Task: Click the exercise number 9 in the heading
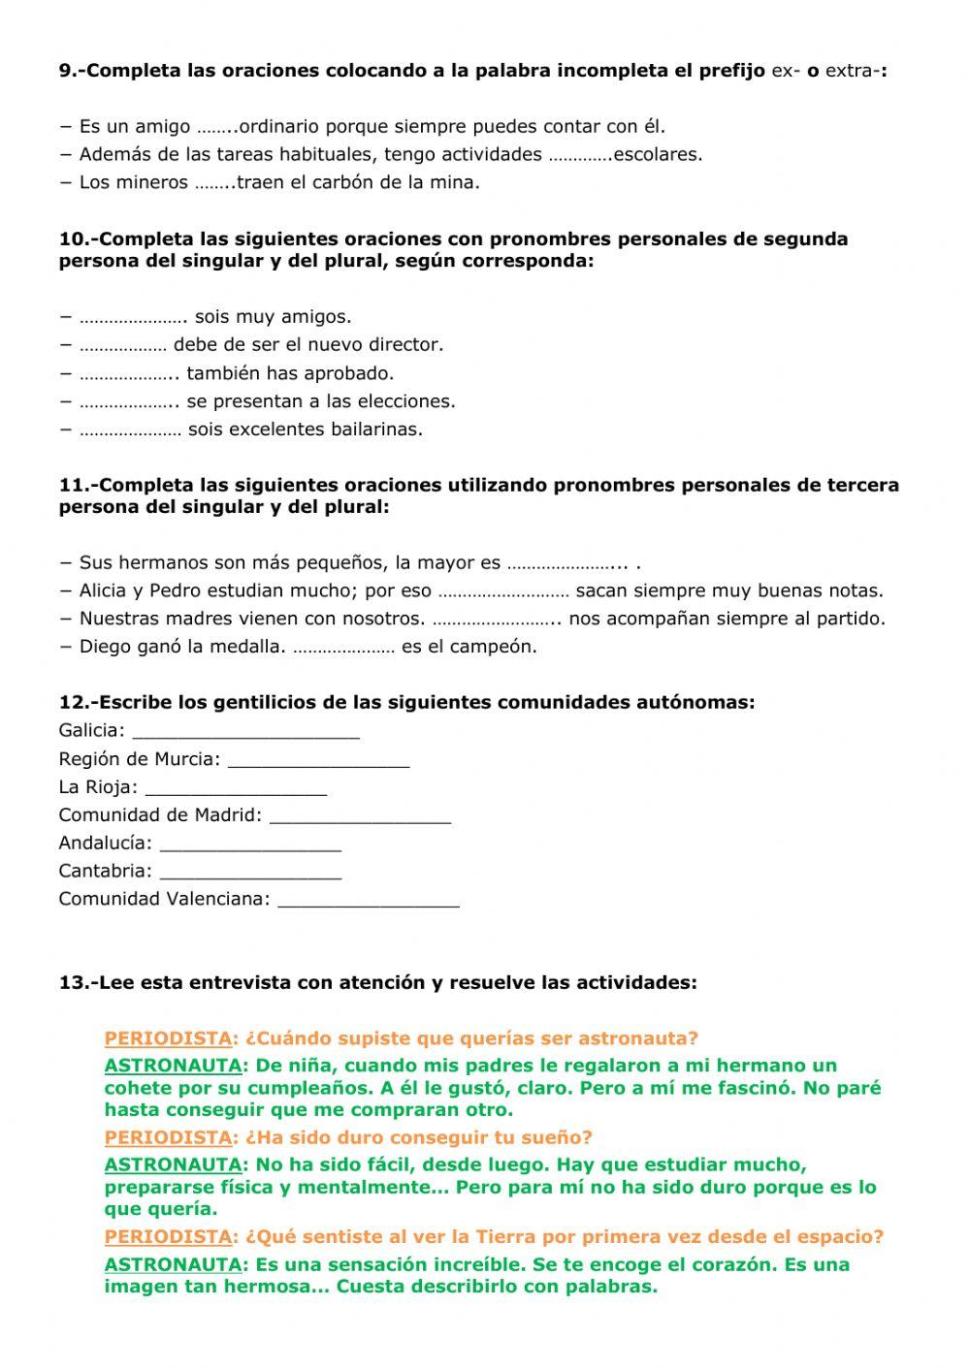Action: point(67,71)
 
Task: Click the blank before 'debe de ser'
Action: point(122,346)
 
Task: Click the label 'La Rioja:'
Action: point(98,787)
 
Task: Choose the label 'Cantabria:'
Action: point(105,872)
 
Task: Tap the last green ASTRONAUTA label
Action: point(173,1265)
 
